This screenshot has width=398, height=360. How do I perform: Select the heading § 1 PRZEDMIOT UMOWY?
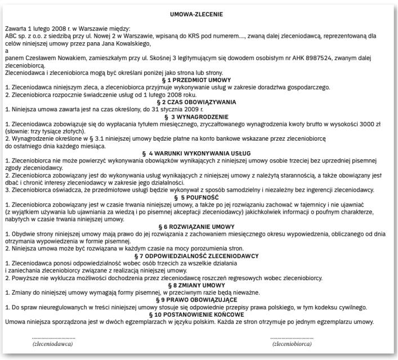pyautogui.click(x=198, y=80)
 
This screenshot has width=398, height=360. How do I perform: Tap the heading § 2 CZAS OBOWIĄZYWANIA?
pyautogui.click(x=198, y=101)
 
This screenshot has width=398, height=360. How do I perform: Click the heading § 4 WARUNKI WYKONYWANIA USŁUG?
pyautogui.click(x=198, y=153)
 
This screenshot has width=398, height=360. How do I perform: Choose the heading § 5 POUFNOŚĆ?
pyautogui.click(x=198, y=197)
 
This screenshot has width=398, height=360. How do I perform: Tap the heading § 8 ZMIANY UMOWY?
pyautogui.click(x=198, y=285)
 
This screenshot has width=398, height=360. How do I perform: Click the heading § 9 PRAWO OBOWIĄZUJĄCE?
pyautogui.click(x=198, y=300)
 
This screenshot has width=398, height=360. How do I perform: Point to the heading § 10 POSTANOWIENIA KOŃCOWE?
pyautogui.click(x=198, y=314)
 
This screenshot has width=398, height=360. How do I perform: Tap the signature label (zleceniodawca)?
pyautogui.click(x=53, y=343)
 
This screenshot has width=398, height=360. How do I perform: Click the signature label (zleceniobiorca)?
pyautogui.click(x=292, y=343)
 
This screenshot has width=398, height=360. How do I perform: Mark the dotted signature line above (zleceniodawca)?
pyautogui.click(x=53, y=336)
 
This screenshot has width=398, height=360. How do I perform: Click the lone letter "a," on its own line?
pyautogui.click(x=6, y=51)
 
